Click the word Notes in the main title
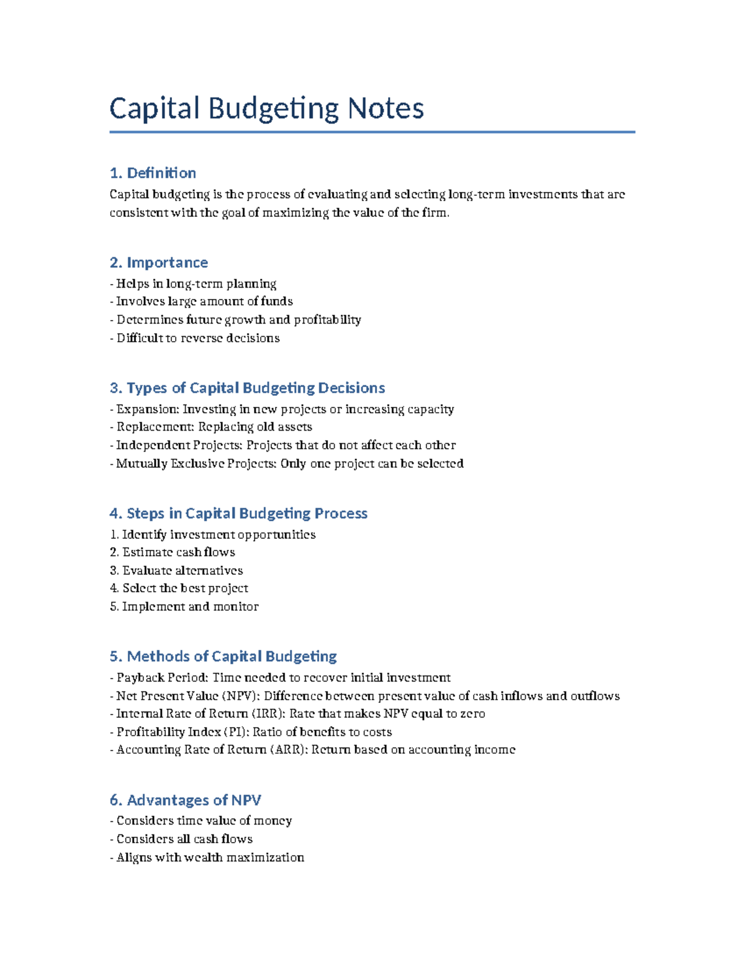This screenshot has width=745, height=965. point(386,109)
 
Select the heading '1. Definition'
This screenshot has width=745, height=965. point(153,173)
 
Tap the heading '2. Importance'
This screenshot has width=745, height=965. point(159,262)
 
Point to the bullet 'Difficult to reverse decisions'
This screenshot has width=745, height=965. point(198,338)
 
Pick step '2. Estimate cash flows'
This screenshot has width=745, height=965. point(173,552)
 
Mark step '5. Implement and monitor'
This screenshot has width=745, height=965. point(184,606)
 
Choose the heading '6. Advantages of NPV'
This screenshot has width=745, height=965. point(185,800)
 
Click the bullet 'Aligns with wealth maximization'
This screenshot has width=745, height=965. point(210,858)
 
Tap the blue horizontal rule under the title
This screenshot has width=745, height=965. point(372,132)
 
